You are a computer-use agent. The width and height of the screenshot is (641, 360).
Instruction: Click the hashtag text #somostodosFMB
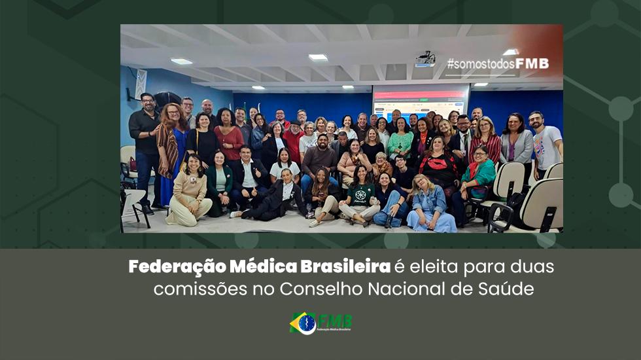tap(498, 64)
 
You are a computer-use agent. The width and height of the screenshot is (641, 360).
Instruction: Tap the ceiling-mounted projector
tap(425, 60)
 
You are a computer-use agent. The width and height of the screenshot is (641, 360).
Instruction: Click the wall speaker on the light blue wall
tap(141, 84)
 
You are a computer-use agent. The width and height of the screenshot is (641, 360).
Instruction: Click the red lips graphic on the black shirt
tap(438, 164)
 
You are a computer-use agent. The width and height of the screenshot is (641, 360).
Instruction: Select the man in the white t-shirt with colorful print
tap(546, 144)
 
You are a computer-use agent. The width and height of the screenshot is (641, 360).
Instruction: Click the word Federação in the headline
tap(177, 267)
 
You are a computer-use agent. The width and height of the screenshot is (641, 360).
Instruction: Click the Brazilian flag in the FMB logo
tap(303, 323)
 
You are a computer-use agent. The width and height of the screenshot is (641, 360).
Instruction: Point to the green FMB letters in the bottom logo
tap(335, 321)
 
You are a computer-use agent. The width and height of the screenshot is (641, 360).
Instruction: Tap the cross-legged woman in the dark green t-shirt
tap(360, 196)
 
